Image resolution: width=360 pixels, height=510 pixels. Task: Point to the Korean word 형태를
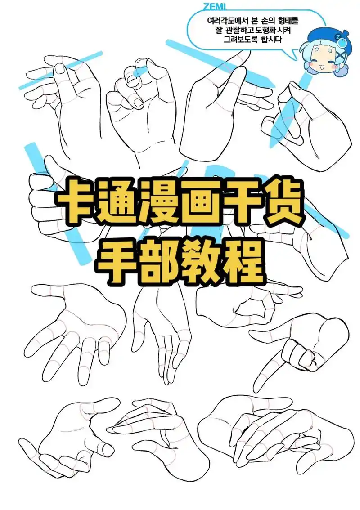coord(288,21)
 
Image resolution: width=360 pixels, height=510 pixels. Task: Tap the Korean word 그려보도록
coord(239,40)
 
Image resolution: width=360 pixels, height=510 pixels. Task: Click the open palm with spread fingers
coord(78,328)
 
